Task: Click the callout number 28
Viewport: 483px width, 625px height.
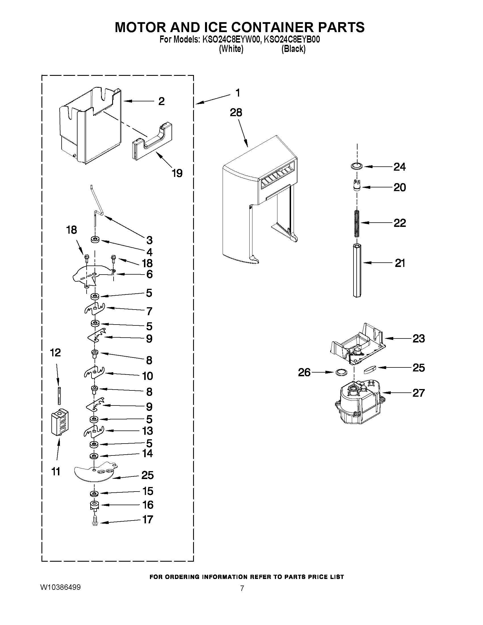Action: point(236,113)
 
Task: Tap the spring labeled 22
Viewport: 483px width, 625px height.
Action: point(357,223)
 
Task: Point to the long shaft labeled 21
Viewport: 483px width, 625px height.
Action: point(357,270)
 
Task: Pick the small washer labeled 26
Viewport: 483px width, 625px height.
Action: point(340,372)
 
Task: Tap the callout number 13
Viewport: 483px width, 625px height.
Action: point(147,431)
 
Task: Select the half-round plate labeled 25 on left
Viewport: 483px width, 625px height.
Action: point(95,474)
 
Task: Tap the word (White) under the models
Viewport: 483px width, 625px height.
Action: point(231,49)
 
